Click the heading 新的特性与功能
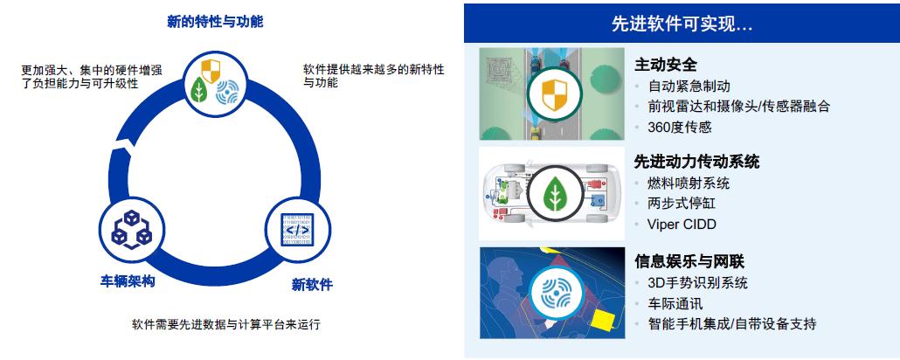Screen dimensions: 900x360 [215, 23]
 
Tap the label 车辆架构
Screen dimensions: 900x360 [128, 282]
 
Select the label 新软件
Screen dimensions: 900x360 [312, 285]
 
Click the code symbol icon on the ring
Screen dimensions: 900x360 [297, 230]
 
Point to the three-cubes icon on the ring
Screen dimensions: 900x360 [131, 229]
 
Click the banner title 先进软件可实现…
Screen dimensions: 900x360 [682, 24]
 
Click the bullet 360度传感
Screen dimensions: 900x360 [680, 127]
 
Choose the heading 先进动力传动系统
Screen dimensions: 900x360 [696, 162]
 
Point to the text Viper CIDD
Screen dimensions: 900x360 [682, 224]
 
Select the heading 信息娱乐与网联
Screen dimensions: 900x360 [689, 262]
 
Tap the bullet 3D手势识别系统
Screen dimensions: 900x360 [698, 283]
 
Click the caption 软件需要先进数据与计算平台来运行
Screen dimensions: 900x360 [226, 324]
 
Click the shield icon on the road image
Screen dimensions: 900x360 [554, 94]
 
